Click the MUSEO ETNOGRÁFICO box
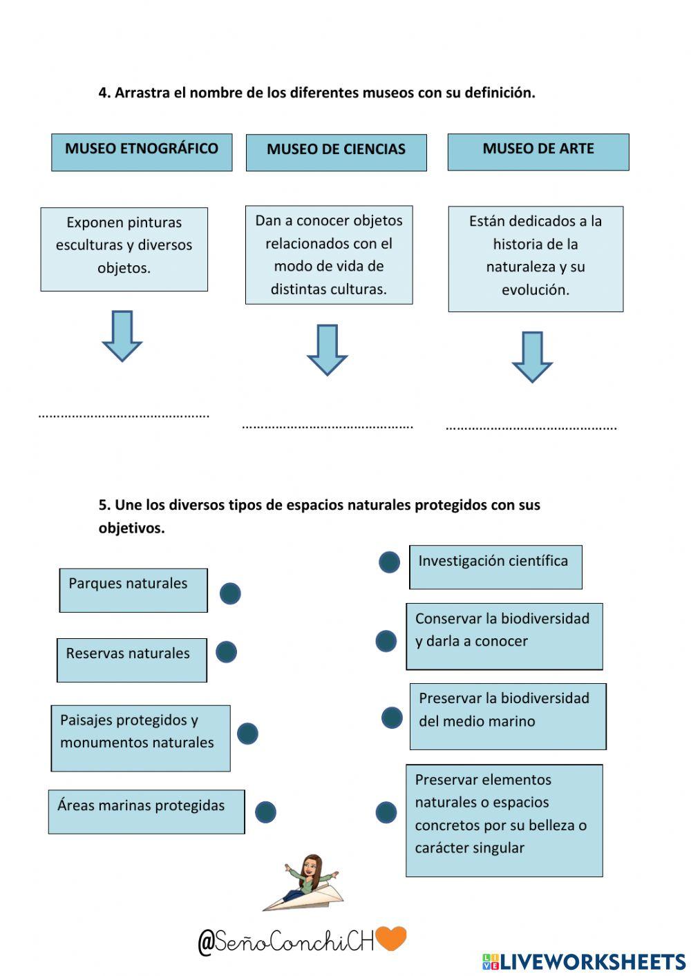click(x=142, y=153)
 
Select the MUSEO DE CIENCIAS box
click(x=336, y=153)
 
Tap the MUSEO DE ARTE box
click(x=538, y=152)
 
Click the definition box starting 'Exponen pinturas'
click(x=124, y=249)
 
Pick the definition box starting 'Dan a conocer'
click(x=329, y=255)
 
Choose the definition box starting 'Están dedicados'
click(x=536, y=259)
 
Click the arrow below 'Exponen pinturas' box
click(x=122, y=336)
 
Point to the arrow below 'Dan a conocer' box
click(x=328, y=350)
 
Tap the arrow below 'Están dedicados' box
click(x=532, y=357)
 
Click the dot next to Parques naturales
click(x=230, y=593)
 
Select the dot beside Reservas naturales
click(x=226, y=652)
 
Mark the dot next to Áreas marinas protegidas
click(x=265, y=812)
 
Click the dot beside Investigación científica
click(x=389, y=562)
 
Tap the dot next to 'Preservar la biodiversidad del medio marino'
click(x=392, y=718)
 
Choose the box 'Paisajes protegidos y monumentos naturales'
click(x=141, y=738)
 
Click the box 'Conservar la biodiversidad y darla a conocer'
click(x=504, y=637)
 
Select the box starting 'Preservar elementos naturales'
click(x=504, y=821)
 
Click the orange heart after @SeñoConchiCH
click(x=391, y=938)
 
